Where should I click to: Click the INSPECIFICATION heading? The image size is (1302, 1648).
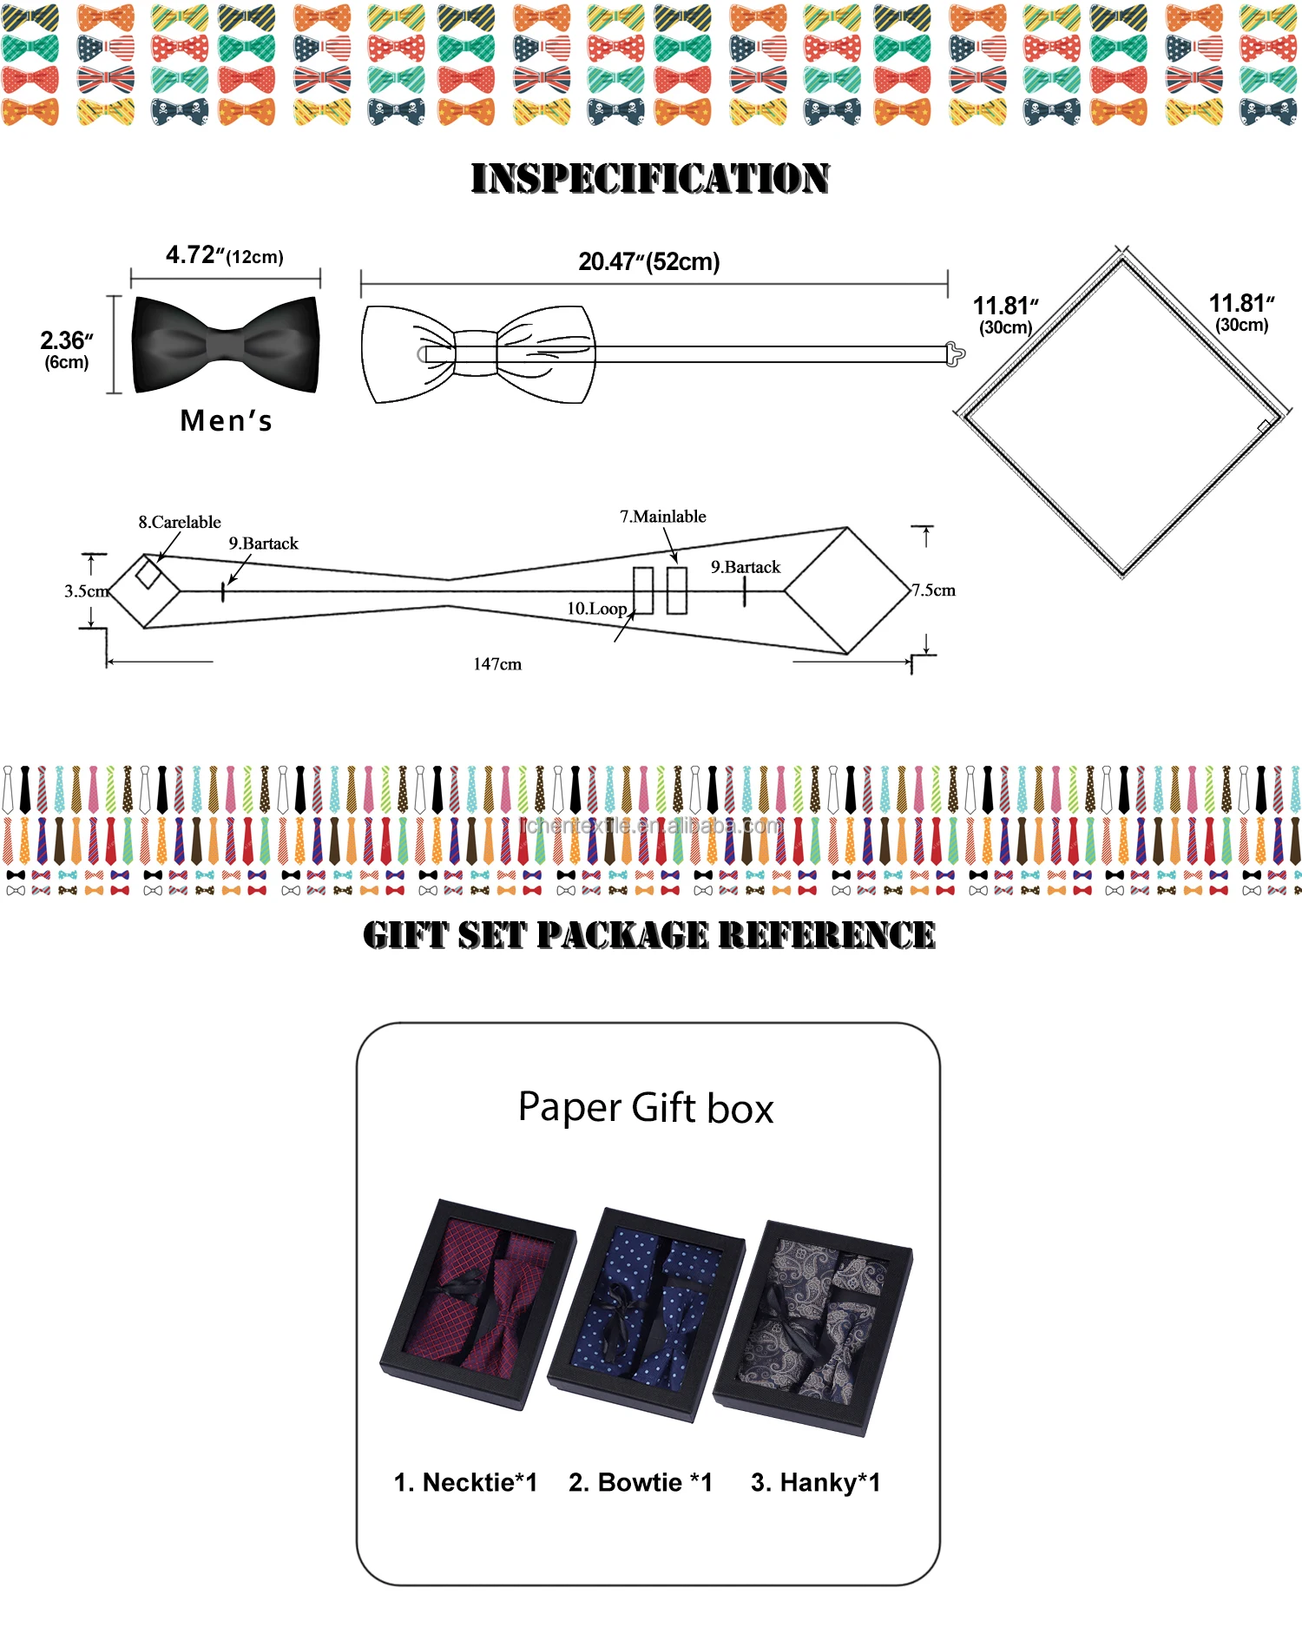click(649, 178)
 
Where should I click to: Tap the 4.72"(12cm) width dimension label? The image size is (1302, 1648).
click(225, 255)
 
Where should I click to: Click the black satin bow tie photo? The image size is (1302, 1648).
click(226, 345)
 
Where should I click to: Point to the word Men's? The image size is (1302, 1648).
click(226, 421)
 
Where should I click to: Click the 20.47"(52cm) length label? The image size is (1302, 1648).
click(649, 261)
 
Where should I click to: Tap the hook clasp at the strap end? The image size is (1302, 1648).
click(955, 353)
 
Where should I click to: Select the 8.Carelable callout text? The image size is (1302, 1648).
click(180, 522)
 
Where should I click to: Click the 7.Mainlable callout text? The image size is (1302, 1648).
click(662, 517)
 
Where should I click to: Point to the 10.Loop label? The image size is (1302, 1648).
click(596, 609)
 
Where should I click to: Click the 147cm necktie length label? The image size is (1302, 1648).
click(497, 664)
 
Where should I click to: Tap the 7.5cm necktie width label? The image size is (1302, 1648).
click(933, 590)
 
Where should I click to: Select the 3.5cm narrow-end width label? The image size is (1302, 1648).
click(86, 591)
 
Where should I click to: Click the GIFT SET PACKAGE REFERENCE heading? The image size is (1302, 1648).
click(649, 935)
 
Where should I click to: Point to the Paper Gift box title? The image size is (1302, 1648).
click(646, 1108)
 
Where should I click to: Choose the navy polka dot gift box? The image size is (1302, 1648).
click(647, 1314)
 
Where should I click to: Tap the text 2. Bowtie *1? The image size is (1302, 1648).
click(641, 1482)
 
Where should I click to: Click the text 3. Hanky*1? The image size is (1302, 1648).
click(815, 1482)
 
